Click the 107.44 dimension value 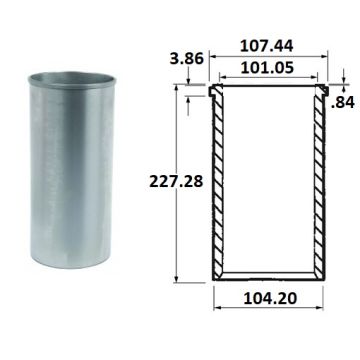point(267,46)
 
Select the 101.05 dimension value point(267,67)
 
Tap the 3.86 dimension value point(186,59)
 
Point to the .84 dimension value point(343,103)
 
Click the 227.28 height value point(176,182)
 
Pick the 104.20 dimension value point(270,298)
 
